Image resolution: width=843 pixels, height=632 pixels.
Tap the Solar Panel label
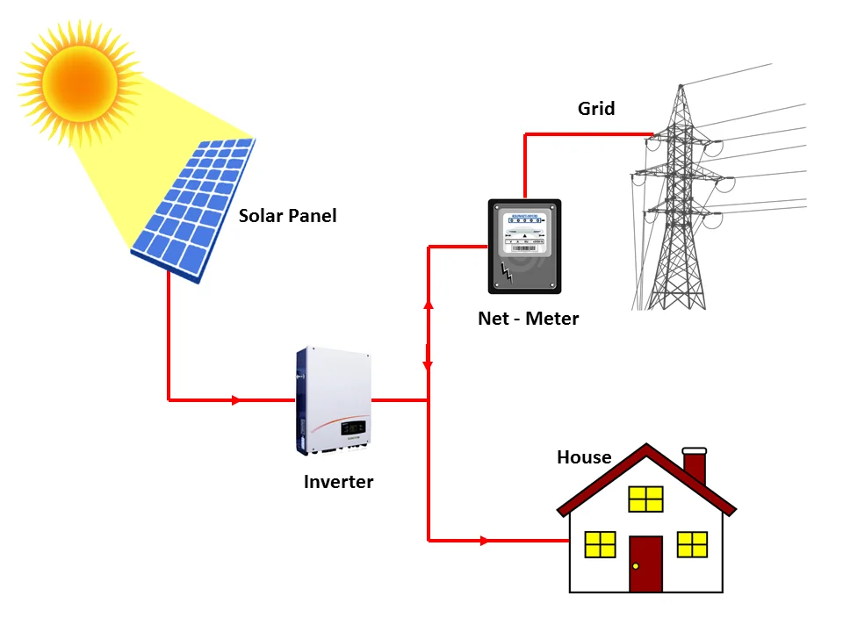[287, 215]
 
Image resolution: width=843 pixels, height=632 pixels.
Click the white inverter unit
[333, 400]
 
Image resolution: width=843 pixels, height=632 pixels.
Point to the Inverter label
[338, 482]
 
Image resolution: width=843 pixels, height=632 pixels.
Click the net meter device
[524, 246]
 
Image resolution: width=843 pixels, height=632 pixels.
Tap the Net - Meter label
[528, 319]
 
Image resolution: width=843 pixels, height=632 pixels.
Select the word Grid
[596, 109]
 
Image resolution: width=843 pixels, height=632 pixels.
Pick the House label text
[584, 457]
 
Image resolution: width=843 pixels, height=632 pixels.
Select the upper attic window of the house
[645, 499]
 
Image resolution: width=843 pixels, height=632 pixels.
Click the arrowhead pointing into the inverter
[235, 400]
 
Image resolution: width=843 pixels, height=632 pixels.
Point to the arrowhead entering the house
[485, 541]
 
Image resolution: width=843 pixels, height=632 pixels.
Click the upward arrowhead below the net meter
[428, 304]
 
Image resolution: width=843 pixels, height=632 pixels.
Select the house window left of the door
[601, 544]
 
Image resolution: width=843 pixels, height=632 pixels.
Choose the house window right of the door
[692, 544]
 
